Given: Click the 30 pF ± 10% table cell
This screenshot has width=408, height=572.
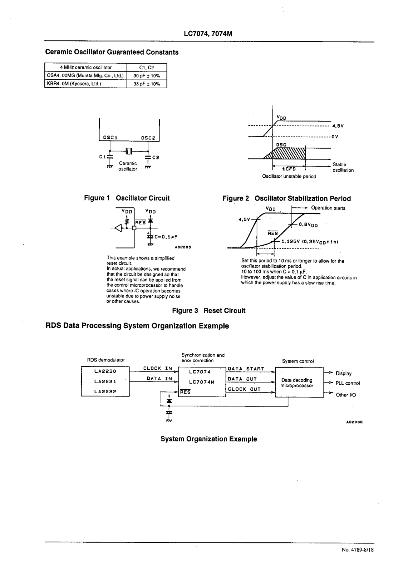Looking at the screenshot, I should tap(147, 76).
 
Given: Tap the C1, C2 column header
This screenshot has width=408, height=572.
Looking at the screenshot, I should tap(147, 68).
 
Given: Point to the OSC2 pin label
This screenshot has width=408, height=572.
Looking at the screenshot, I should tap(148, 137).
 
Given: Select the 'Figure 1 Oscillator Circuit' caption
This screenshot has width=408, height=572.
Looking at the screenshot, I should tap(127, 198).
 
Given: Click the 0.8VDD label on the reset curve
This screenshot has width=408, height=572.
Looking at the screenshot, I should tap(308, 225).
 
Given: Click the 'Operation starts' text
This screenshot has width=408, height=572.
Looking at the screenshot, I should tap(328, 208).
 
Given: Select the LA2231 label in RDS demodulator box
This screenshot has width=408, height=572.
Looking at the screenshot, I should tap(105, 381).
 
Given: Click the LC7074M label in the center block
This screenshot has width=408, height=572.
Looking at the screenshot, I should tap(202, 382).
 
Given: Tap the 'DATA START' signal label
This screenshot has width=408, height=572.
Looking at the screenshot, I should tap(246, 369).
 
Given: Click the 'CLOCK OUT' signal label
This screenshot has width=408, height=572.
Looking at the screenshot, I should tap(244, 389).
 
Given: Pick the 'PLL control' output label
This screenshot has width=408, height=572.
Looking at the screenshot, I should tap(348, 383).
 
